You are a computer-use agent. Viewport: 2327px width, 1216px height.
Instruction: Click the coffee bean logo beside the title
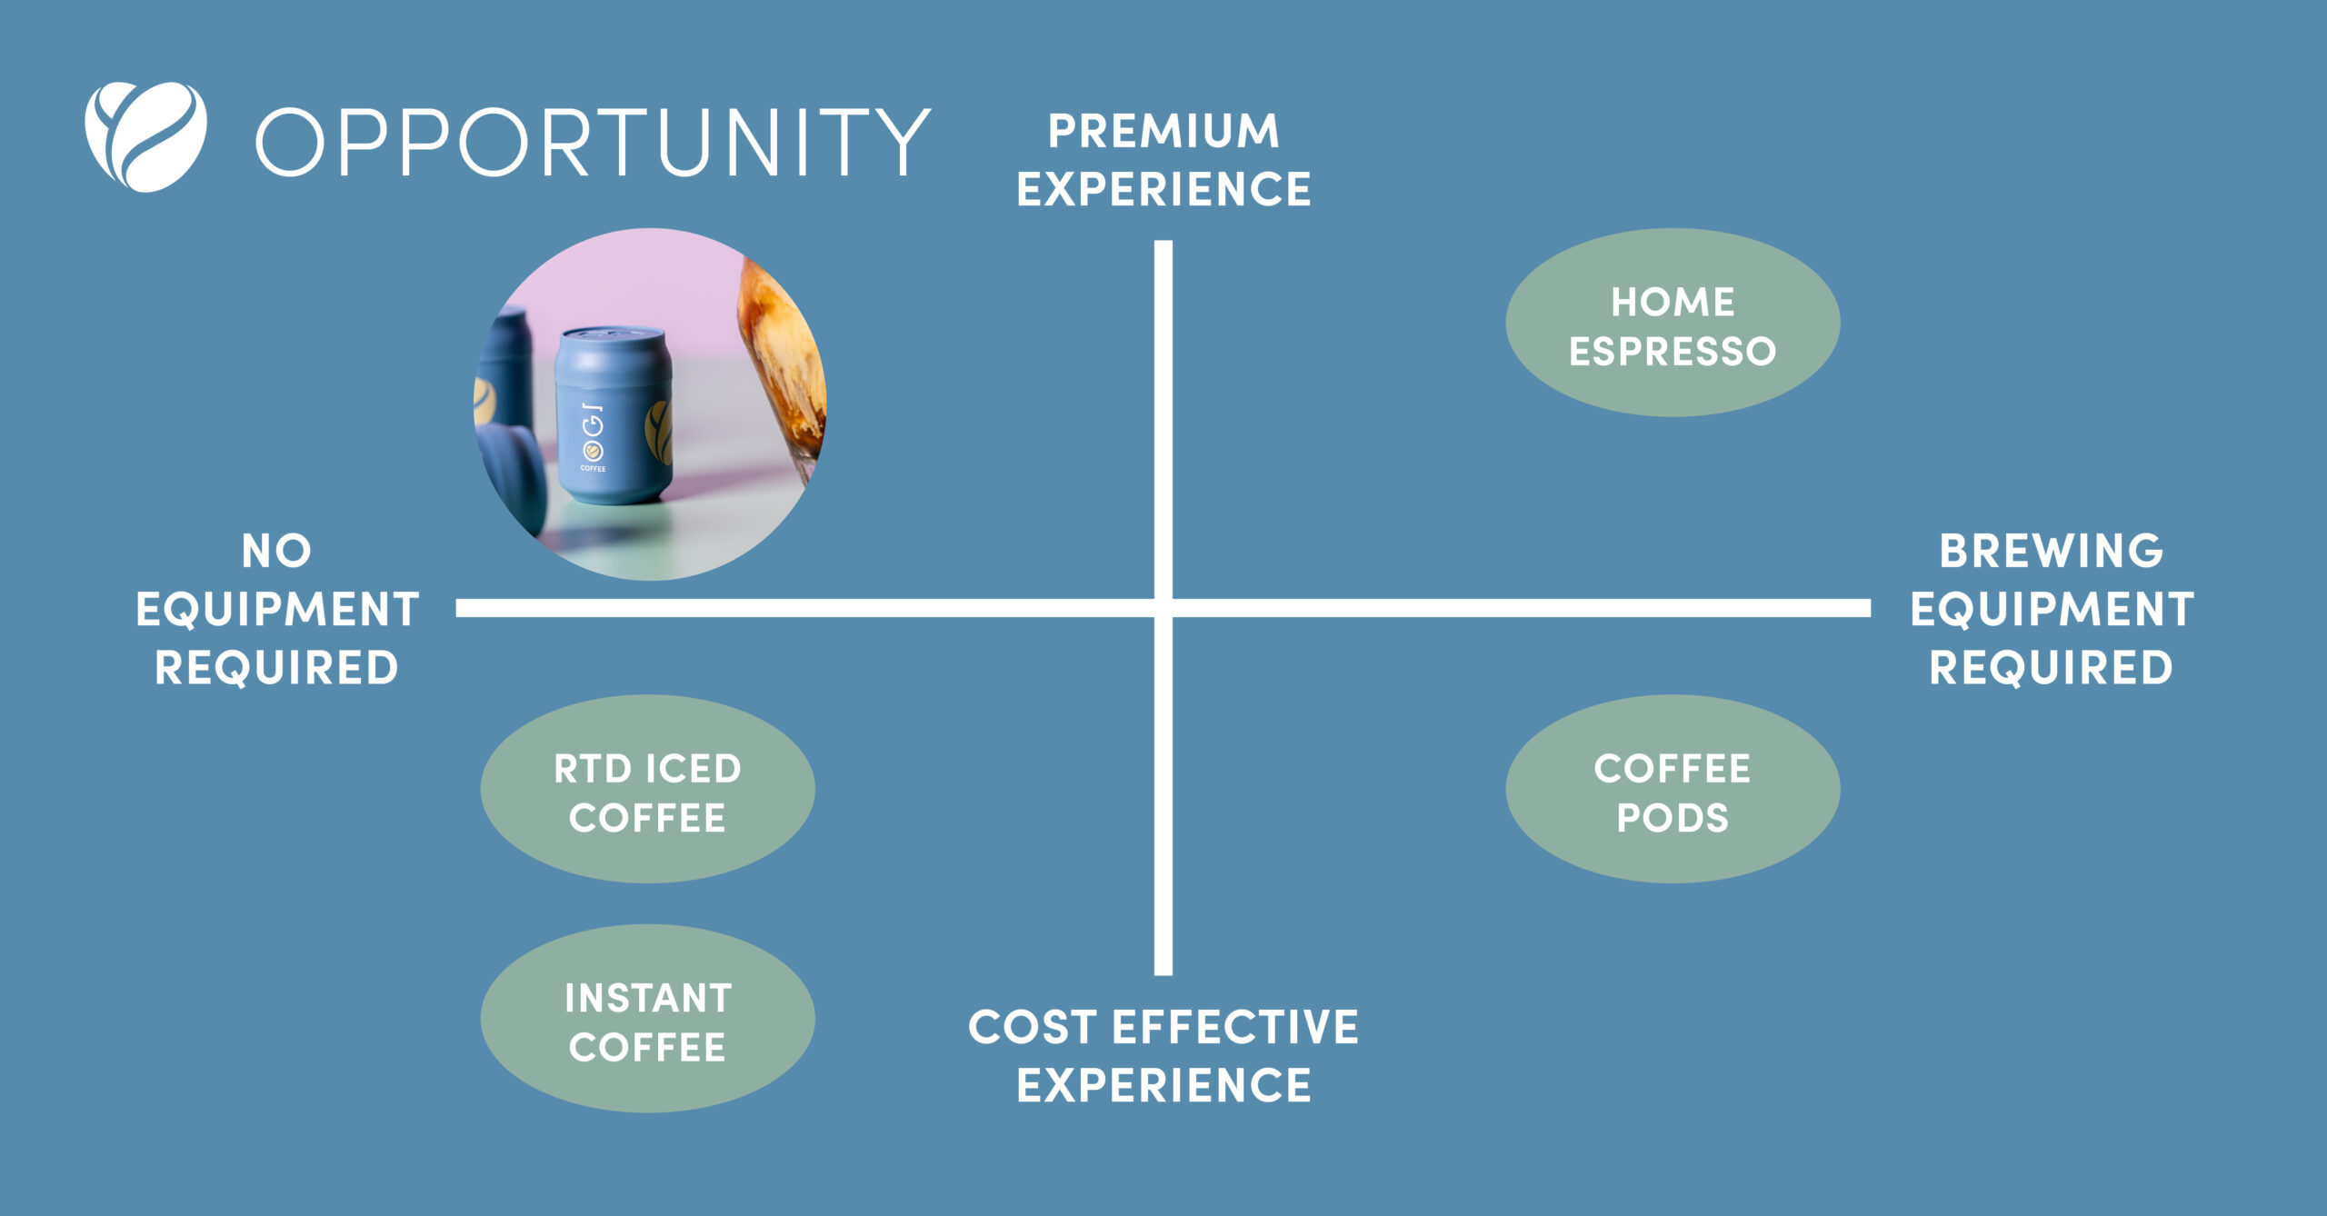(x=145, y=137)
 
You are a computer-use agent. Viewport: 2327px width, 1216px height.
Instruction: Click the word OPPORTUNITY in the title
(x=593, y=142)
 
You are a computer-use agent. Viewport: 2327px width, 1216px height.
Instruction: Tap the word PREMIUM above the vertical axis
(x=1163, y=131)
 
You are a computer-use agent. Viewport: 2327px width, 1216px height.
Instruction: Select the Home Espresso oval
(x=1673, y=323)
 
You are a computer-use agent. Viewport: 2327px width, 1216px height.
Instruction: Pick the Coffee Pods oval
(x=1673, y=789)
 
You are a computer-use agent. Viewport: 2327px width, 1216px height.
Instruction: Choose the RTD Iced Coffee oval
(x=647, y=789)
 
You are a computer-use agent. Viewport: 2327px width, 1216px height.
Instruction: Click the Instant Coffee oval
(x=647, y=1018)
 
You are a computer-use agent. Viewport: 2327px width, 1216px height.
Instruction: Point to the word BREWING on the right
(x=2052, y=551)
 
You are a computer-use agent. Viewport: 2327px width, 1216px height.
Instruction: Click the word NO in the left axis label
(x=276, y=551)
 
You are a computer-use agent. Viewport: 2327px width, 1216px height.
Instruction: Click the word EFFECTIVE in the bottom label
(x=1235, y=1027)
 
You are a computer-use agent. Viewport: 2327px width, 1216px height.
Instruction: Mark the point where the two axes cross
(x=1163, y=608)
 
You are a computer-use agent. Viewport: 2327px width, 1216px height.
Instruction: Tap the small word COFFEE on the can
(x=593, y=469)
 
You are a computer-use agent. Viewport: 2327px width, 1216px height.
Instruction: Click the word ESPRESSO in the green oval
(x=1673, y=352)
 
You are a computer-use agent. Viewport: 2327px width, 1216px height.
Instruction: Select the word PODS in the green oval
(x=1673, y=818)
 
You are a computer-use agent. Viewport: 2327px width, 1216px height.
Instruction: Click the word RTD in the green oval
(x=593, y=769)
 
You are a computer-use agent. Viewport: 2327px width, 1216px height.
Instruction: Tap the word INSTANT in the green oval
(x=647, y=998)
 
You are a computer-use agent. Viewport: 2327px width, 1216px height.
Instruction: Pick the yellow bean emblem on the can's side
(x=660, y=432)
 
